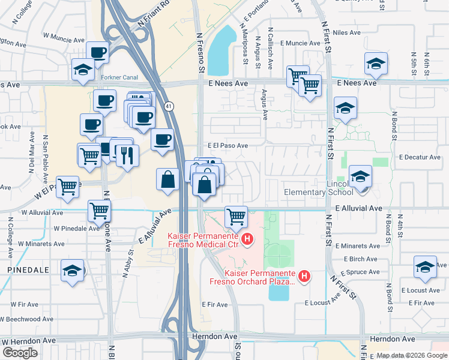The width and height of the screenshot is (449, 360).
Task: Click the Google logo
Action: point(20,353)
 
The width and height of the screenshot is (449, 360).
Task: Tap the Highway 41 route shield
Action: point(170,106)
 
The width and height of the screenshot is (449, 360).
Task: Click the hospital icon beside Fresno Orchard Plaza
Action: point(304,276)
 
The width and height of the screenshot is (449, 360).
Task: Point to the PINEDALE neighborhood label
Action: point(25,271)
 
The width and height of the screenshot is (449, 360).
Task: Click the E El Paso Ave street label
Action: point(228,146)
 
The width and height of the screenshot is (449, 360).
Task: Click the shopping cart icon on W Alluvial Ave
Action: point(99,211)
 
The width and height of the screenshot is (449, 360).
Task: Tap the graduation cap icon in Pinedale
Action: point(72,270)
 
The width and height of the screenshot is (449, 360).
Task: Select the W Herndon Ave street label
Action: point(29,340)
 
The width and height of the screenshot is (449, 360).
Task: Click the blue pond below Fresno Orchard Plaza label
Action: point(278,293)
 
